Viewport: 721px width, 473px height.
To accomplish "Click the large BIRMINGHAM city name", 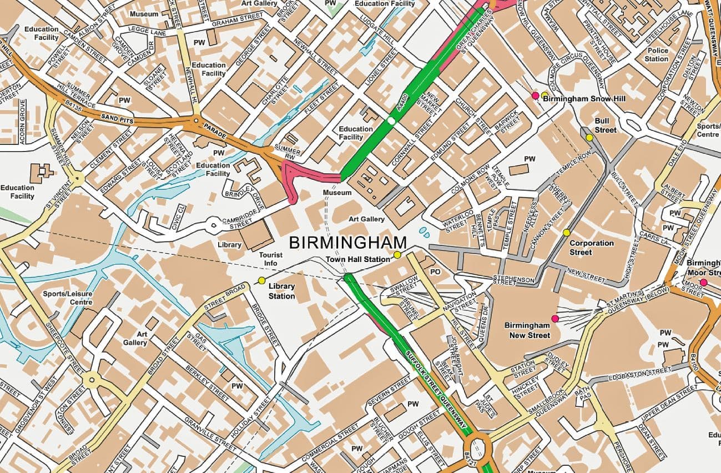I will tap(348, 243).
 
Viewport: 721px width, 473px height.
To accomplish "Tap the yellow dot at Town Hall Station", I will tap(397, 255).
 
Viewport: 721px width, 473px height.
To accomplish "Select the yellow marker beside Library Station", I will tap(261, 280).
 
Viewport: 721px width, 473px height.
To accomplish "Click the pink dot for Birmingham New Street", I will tap(554, 318).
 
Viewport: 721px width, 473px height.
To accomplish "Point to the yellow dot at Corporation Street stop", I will tap(566, 232).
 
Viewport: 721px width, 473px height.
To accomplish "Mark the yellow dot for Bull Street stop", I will tap(589, 137).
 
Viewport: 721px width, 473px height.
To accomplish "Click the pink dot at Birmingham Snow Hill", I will tap(535, 95).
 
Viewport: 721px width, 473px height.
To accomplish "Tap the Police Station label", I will tap(657, 54).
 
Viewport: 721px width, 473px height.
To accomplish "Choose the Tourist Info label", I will tap(271, 259).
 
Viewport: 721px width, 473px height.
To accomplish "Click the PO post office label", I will tap(436, 272).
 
